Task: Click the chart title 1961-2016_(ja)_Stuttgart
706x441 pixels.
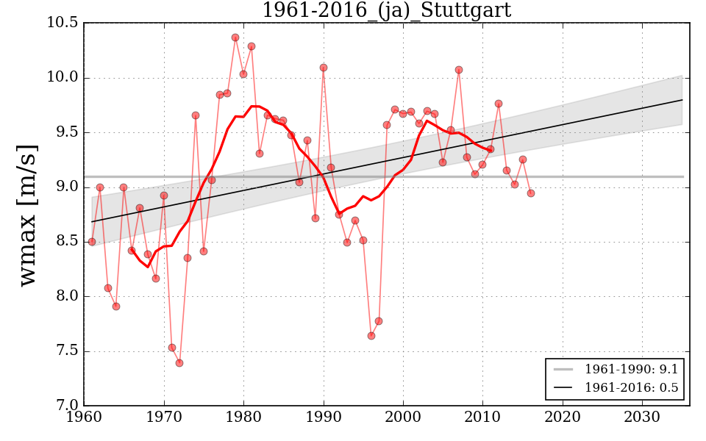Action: click(x=386, y=10)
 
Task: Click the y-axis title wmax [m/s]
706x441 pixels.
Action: click(x=28, y=215)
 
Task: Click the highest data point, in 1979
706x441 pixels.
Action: click(x=235, y=37)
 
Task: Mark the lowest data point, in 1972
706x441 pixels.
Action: click(x=179, y=363)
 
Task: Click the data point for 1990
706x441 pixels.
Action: click(x=324, y=68)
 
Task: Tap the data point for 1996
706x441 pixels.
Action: click(x=371, y=336)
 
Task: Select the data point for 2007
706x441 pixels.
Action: click(x=459, y=70)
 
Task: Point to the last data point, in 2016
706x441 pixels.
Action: click(x=531, y=193)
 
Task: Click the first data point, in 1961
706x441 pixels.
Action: click(x=92, y=242)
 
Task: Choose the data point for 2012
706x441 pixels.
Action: click(x=499, y=104)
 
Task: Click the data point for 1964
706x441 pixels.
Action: click(x=116, y=306)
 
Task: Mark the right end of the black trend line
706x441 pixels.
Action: click(x=682, y=100)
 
